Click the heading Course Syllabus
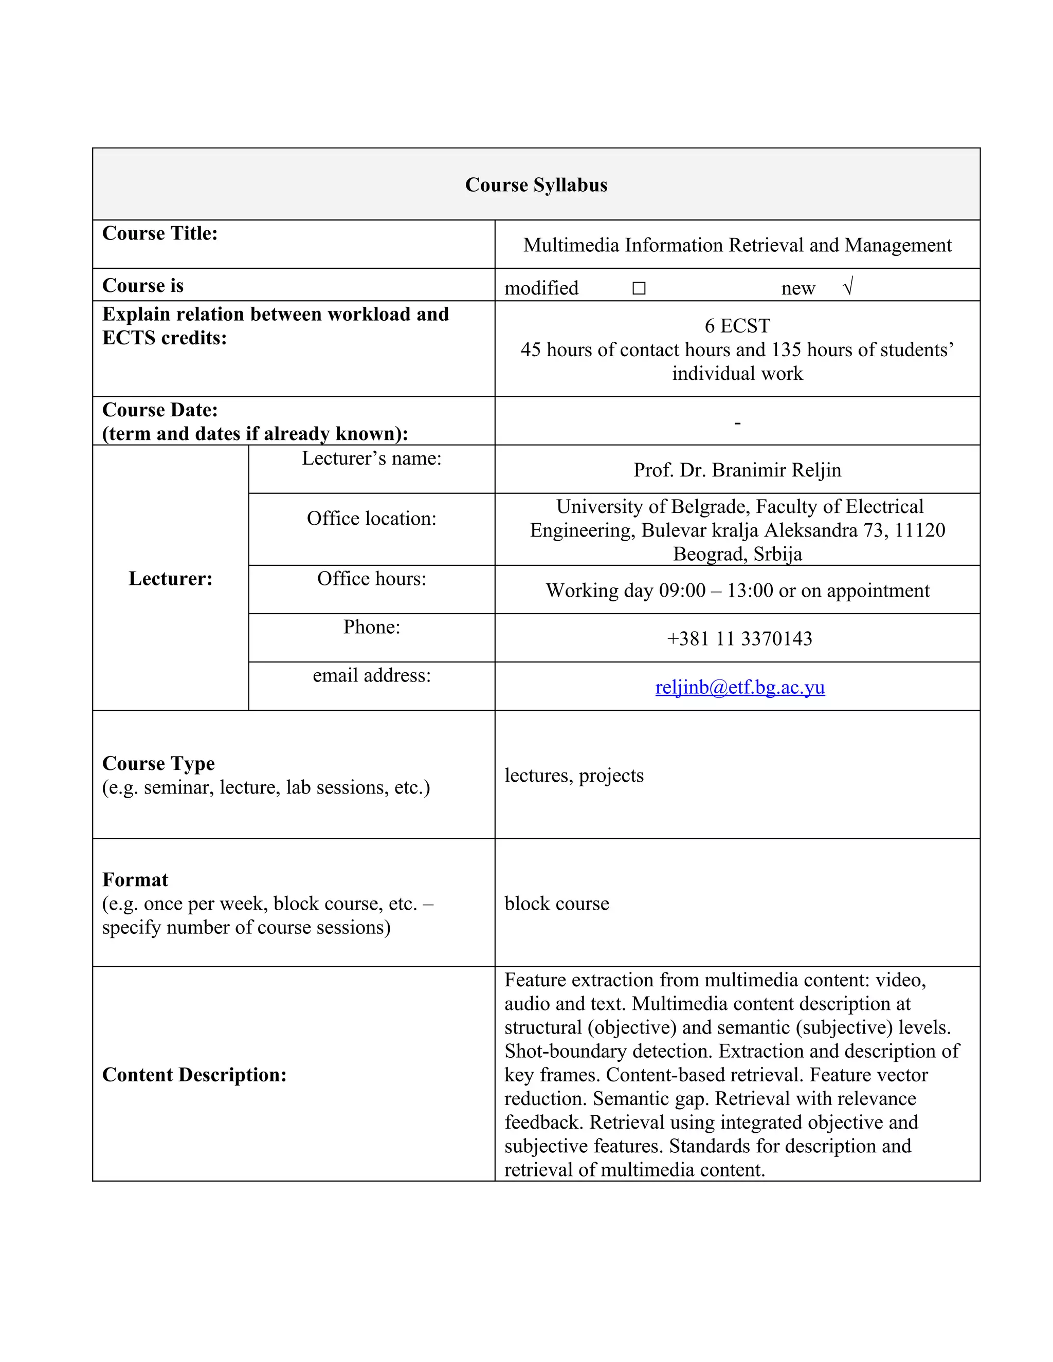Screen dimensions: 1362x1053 (x=536, y=185)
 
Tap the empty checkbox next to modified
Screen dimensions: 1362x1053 (x=638, y=288)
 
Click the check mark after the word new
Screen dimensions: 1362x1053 (x=847, y=287)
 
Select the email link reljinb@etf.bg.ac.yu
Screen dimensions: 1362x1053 (x=740, y=687)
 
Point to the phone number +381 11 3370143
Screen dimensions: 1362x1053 (x=739, y=638)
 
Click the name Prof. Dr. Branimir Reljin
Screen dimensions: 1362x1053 (x=737, y=470)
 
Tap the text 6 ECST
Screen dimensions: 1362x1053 (x=737, y=325)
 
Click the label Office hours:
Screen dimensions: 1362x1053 (x=371, y=579)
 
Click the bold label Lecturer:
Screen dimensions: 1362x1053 (x=170, y=579)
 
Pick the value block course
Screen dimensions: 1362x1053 (x=556, y=903)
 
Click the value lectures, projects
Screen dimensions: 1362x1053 (x=574, y=775)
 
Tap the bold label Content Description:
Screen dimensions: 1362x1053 (x=194, y=1075)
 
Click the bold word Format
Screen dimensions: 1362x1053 (x=135, y=879)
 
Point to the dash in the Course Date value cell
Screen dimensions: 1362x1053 (x=737, y=424)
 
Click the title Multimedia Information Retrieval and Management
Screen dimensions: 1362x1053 (x=737, y=245)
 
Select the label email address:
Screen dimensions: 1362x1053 (x=371, y=675)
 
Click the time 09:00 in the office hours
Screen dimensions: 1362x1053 (x=682, y=591)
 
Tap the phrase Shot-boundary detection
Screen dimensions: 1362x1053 (x=608, y=1051)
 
